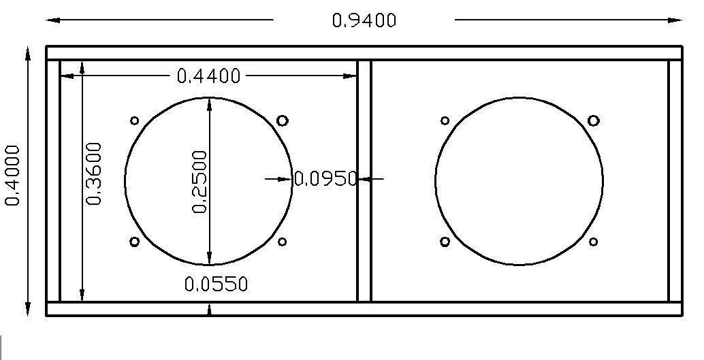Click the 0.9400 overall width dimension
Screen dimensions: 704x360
click(364, 20)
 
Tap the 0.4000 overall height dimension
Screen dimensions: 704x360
click(12, 175)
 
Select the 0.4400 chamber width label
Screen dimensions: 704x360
click(209, 76)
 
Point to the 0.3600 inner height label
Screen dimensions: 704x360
click(94, 174)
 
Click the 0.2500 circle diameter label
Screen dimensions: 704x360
click(199, 182)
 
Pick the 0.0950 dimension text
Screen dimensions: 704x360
click(325, 179)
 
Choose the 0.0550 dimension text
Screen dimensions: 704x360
click(216, 284)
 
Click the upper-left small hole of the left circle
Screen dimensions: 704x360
click(134, 120)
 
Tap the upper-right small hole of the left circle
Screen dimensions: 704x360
click(282, 120)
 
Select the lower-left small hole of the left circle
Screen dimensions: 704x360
click(134, 242)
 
